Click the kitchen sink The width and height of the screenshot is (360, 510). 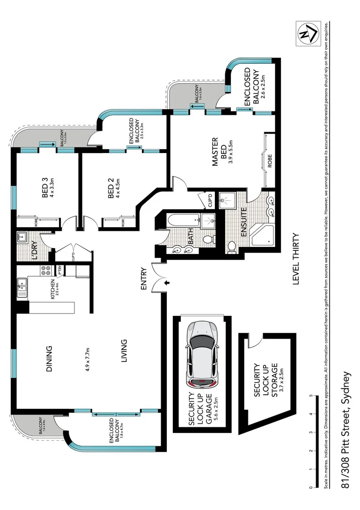click(22, 288)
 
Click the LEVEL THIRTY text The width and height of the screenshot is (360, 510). click(296, 259)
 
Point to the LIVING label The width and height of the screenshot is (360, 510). click(123, 351)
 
